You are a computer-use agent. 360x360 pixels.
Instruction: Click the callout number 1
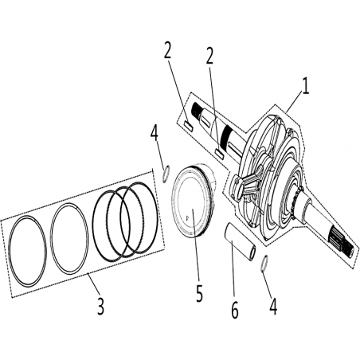point(306,86)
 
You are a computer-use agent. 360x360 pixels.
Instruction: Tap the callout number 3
point(100,306)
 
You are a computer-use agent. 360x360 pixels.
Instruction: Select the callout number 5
point(199,293)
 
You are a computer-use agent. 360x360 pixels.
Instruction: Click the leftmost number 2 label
point(167,49)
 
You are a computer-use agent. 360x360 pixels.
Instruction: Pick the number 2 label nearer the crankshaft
point(209,56)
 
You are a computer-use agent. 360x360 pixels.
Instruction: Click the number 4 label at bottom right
point(273,306)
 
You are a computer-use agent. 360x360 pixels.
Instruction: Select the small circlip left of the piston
point(166,174)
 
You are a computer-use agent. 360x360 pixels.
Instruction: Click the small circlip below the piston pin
point(264,264)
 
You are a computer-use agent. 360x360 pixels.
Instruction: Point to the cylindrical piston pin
point(241,241)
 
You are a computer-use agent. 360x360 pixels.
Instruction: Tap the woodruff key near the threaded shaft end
point(189,124)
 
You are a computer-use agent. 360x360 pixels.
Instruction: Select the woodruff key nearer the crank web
point(219,153)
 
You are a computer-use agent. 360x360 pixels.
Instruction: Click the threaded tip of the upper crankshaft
point(196,109)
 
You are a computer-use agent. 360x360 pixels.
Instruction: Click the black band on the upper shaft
point(228,133)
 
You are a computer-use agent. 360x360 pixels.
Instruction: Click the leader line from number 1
point(294,102)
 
